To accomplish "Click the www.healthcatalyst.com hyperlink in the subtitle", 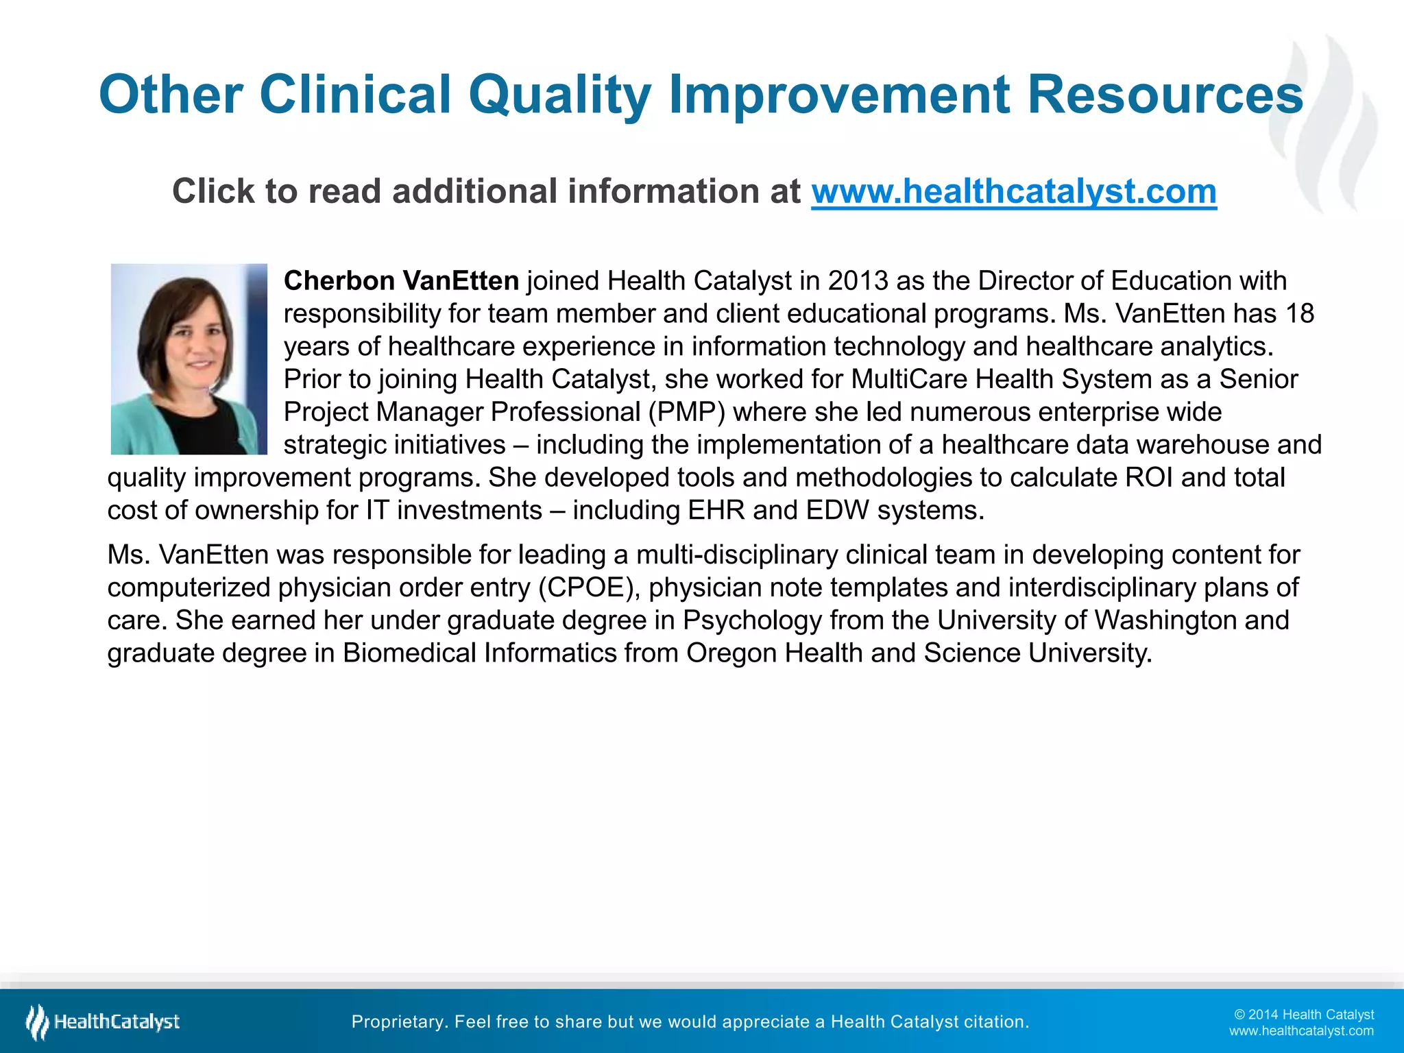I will click(x=1013, y=191).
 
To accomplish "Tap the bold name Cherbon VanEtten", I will click(x=401, y=281).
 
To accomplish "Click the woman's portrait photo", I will click(x=189, y=359).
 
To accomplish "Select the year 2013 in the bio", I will click(x=858, y=281).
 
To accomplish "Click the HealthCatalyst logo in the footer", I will click(x=103, y=1022).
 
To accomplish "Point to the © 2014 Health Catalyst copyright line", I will click(x=1303, y=1015).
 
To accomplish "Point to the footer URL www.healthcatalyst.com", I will click(x=1300, y=1031).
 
